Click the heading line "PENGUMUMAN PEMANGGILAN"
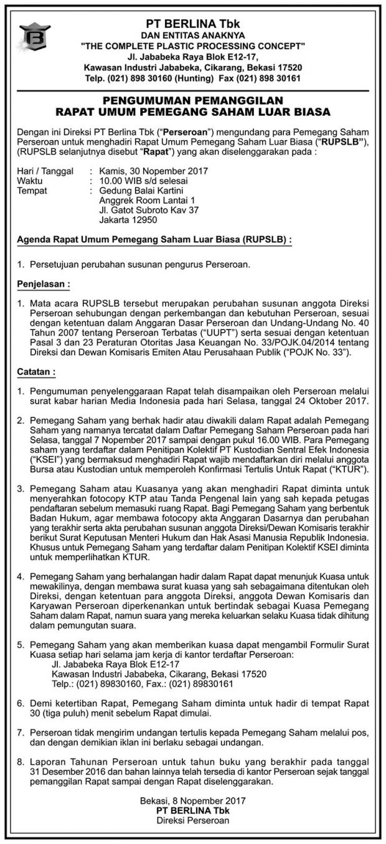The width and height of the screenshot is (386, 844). (x=193, y=100)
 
